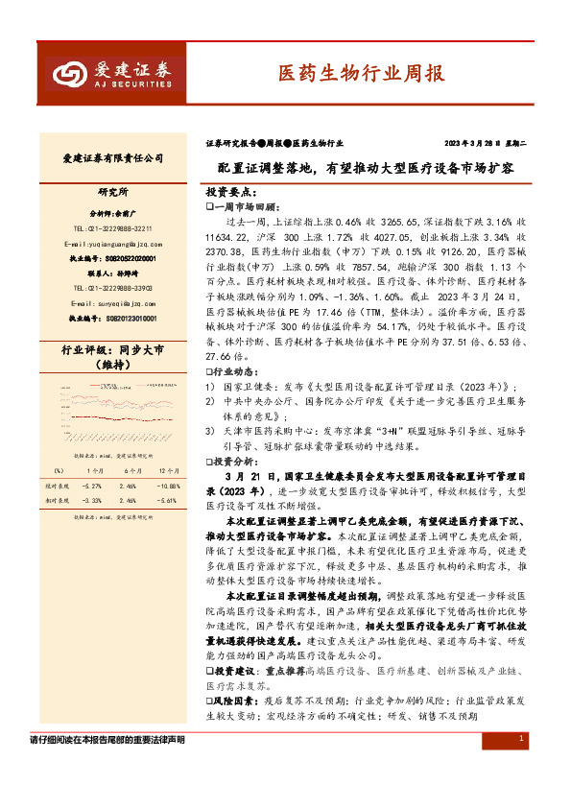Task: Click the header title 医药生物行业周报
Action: (347, 73)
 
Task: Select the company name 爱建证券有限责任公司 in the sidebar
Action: (114, 158)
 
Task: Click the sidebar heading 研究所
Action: (114, 192)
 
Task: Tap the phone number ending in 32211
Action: (113, 228)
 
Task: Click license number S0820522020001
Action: (113, 258)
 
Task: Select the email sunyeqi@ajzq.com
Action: (111, 301)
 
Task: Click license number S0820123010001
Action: (113, 317)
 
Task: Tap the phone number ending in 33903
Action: (113, 287)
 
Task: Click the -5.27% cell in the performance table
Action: (93, 487)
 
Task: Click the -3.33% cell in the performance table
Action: (93, 501)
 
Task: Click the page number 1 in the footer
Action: (520, 738)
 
